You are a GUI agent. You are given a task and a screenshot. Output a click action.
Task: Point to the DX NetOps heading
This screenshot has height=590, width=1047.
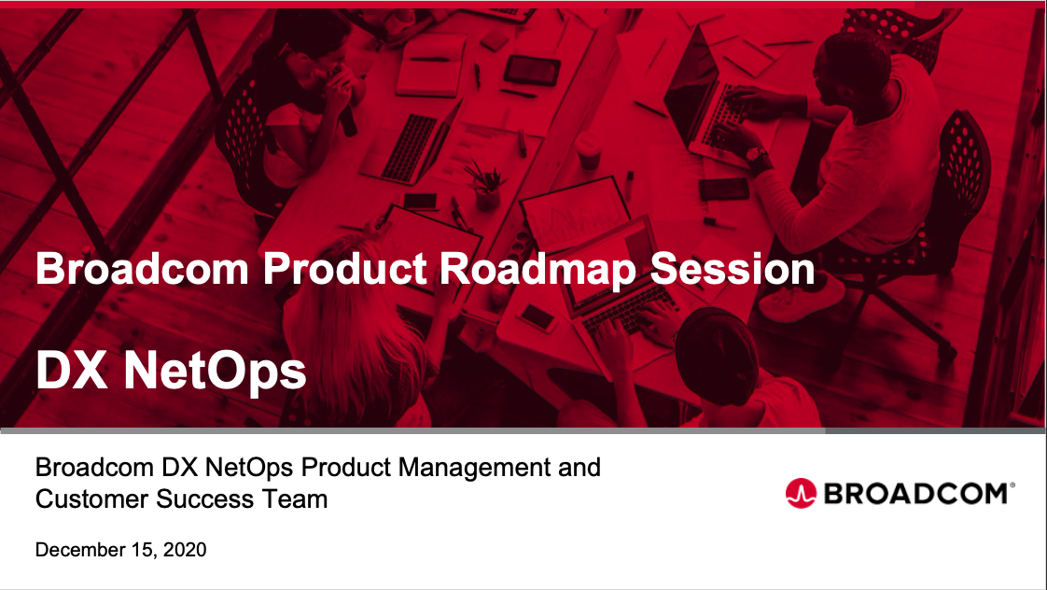[171, 372]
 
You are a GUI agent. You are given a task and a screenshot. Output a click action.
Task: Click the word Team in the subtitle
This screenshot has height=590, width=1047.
[300, 499]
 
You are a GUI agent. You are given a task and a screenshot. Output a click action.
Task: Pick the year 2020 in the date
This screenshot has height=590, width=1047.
[185, 550]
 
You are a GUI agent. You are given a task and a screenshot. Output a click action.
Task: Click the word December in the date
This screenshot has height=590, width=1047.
[77, 550]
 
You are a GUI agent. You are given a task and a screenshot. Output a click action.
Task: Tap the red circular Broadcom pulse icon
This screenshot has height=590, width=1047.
[800, 493]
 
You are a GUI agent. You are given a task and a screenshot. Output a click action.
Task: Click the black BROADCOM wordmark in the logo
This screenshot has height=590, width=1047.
[918, 493]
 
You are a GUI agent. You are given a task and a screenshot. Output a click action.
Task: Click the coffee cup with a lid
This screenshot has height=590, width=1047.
[588, 149]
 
